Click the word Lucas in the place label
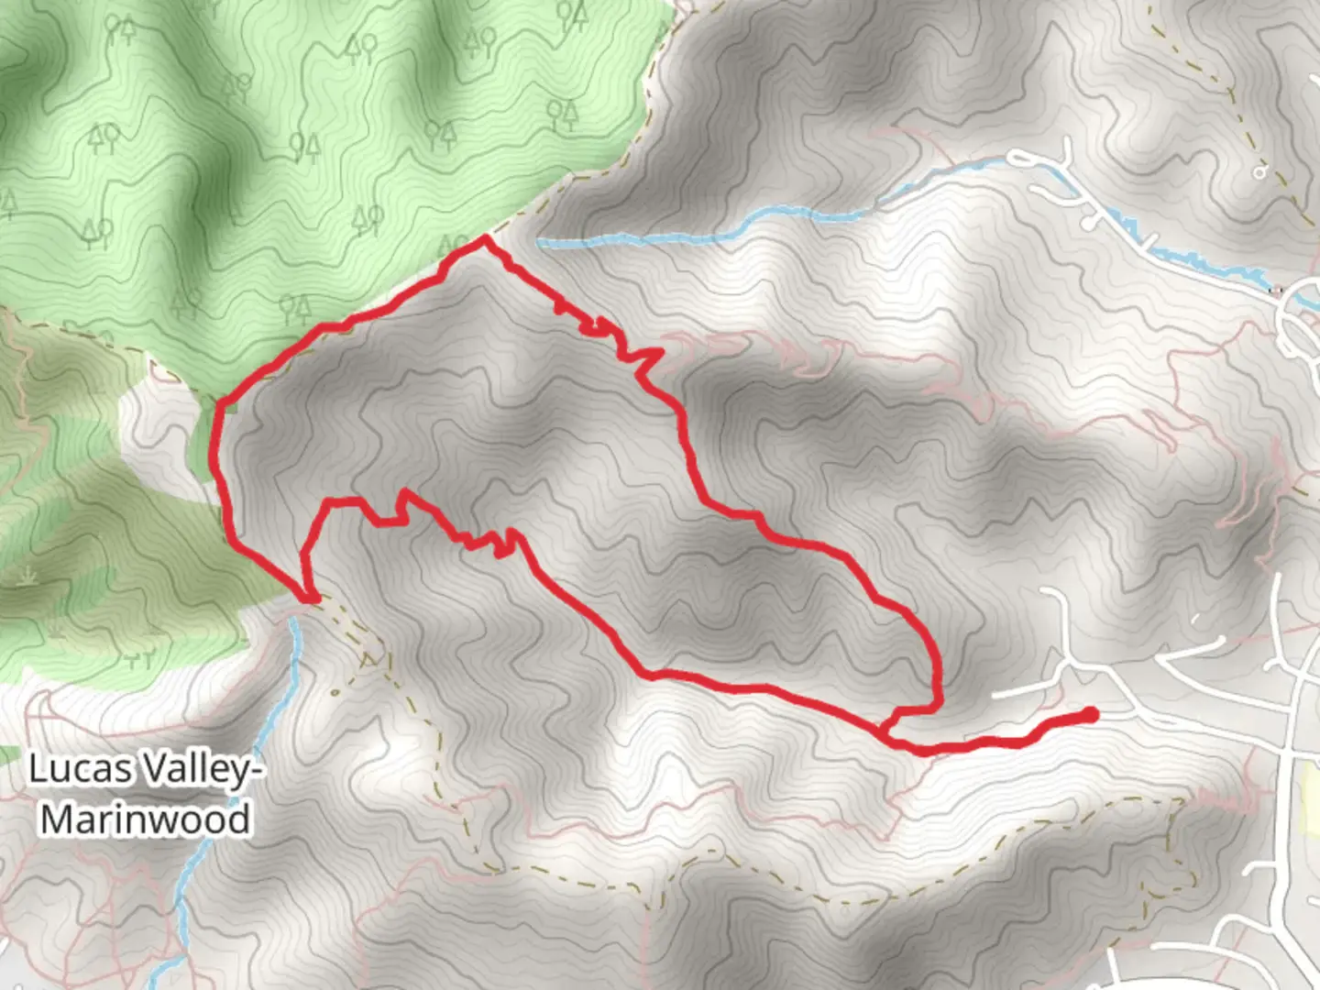(x=80, y=768)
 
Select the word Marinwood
(x=145, y=819)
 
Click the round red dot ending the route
(x=1090, y=714)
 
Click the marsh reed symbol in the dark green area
(x=27, y=577)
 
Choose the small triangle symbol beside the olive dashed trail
(x=370, y=659)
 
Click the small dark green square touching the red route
(x=227, y=406)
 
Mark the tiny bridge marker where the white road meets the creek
(x=1273, y=291)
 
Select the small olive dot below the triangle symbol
(x=335, y=692)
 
